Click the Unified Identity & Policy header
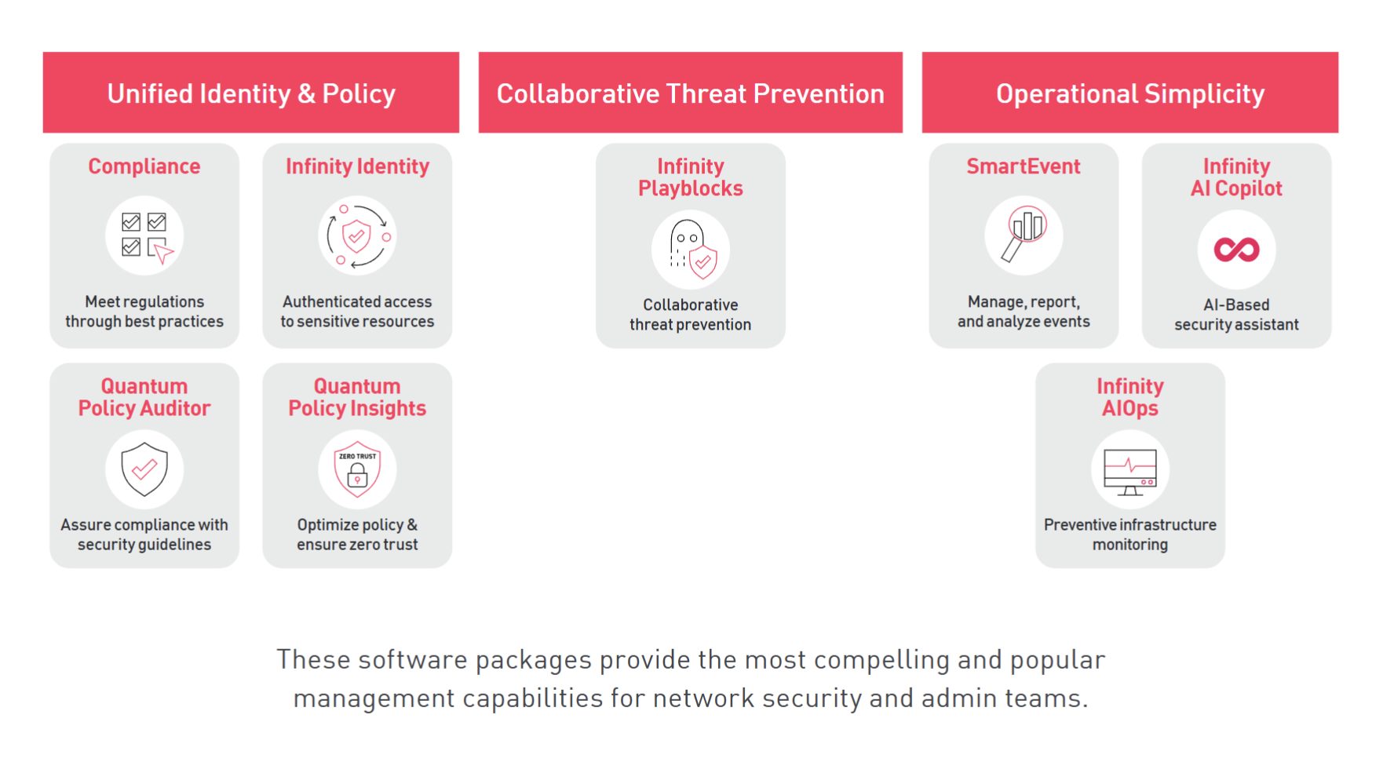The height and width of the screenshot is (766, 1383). pos(251,93)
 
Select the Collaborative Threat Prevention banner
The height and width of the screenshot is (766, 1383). pos(691,93)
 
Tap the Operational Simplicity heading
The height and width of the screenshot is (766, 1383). pos(1130,93)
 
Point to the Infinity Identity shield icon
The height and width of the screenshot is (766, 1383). pos(357,235)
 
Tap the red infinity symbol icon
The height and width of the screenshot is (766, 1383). pos(1236,250)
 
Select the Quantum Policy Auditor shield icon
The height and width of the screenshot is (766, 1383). pos(144,469)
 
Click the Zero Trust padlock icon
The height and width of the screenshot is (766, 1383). pos(357,469)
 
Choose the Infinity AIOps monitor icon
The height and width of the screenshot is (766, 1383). pos(1130,471)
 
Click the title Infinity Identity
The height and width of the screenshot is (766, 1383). pos(357,166)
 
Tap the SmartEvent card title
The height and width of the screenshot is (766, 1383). pos(1024,166)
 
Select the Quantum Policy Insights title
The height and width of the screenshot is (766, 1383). pos(357,397)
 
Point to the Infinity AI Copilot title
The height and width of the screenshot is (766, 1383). pos(1236,177)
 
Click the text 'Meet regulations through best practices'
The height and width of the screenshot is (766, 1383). pos(144,312)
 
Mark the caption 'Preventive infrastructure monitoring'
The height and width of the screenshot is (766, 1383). pos(1130,534)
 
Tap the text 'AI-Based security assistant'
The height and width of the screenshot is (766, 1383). pos(1236,315)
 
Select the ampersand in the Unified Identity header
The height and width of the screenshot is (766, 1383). pos(307,93)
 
